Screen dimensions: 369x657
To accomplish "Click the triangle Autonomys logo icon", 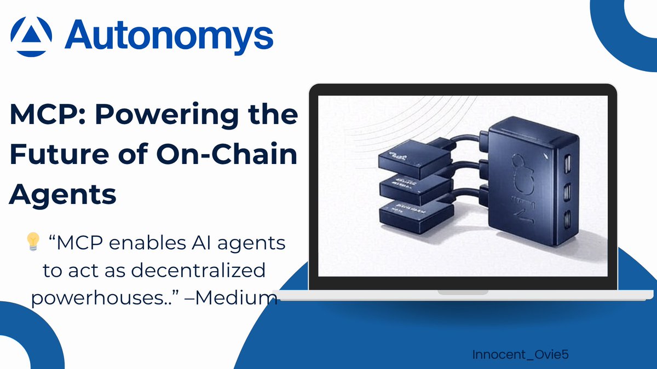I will click(32, 36).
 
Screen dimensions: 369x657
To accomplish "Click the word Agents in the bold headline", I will click(64, 194).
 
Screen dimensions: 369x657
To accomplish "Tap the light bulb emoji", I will click(33, 243).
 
